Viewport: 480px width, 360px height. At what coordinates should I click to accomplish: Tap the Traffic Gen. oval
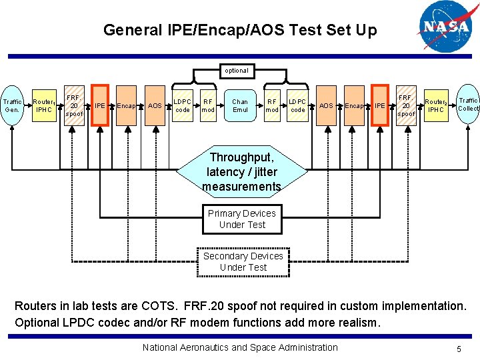13,105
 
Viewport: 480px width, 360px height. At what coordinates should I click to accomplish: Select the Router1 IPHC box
44,105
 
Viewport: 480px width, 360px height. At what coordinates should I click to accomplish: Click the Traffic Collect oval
468,104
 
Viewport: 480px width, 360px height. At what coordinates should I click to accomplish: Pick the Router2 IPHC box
436,105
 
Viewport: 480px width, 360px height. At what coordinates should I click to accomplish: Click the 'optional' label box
236,70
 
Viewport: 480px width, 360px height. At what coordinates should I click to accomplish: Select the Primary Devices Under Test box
241,219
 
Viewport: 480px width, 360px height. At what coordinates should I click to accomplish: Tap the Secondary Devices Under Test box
243,261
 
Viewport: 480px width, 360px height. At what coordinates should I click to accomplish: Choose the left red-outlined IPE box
99,105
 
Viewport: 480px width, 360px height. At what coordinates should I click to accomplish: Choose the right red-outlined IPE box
379,105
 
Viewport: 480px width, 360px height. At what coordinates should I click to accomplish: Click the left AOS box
155,105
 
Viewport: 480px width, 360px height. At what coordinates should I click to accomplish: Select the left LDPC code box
182,105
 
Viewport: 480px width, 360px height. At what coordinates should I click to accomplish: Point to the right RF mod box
272,105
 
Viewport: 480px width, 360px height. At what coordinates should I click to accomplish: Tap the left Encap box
126,105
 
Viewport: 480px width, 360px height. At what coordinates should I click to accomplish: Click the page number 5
459,348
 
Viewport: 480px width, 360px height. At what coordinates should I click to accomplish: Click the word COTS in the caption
158,307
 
